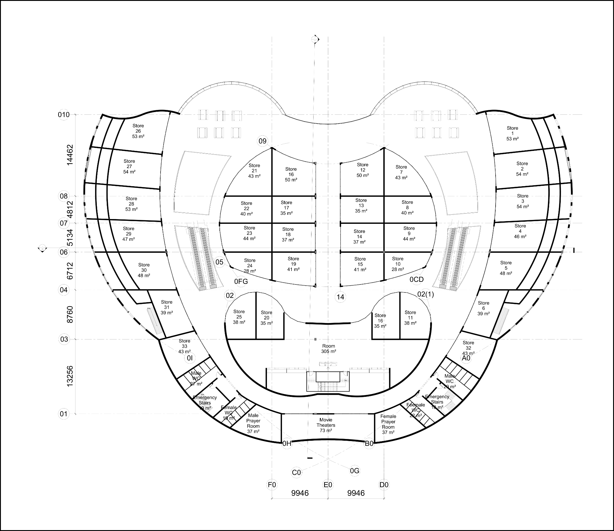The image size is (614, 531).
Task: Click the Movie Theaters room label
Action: (x=326, y=425)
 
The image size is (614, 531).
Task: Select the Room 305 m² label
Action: (x=329, y=349)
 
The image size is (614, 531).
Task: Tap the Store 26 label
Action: (x=138, y=131)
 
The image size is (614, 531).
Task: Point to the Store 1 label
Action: (x=512, y=133)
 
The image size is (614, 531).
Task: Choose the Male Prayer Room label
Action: (x=253, y=423)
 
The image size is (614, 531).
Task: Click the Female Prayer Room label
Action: (x=388, y=424)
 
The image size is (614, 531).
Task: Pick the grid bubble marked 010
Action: (x=64, y=115)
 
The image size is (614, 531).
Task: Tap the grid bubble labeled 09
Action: (x=262, y=141)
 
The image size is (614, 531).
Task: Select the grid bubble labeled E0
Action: (x=328, y=484)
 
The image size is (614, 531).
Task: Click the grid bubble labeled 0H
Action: (x=287, y=443)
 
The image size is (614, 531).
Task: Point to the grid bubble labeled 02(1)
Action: (x=425, y=294)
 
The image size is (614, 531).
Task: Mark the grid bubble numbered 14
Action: (x=340, y=297)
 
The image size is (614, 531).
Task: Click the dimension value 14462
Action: (x=70, y=155)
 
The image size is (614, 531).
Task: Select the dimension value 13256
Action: (x=70, y=376)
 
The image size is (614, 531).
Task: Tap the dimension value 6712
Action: (x=70, y=270)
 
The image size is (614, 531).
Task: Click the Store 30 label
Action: (x=144, y=270)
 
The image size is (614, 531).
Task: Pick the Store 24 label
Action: (x=250, y=266)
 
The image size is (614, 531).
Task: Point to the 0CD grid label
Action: (x=416, y=279)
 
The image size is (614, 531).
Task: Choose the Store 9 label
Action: (x=409, y=233)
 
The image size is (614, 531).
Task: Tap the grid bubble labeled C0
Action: (x=296, y=472)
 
